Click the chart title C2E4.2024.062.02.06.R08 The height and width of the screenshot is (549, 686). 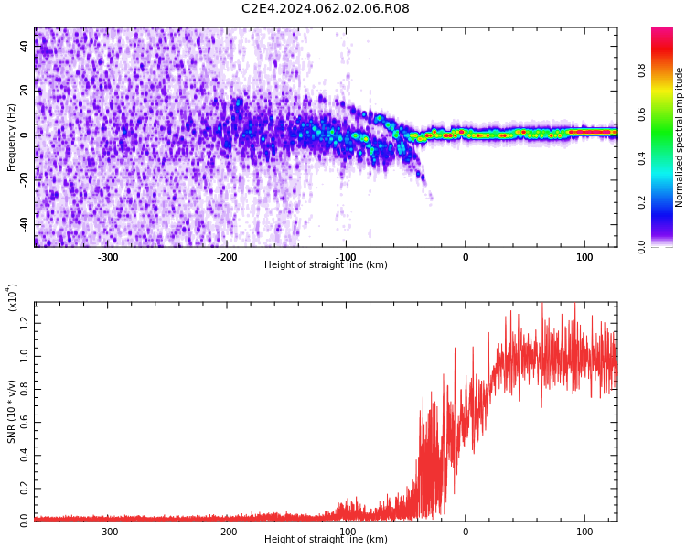point(325,8)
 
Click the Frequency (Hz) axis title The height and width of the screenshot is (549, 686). point(11,137)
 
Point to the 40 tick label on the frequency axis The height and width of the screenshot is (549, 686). point(25,46)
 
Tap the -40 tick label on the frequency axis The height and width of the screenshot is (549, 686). point(25,225)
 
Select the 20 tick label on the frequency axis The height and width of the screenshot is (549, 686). point(25,91)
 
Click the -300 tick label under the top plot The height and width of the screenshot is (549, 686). point(108,257)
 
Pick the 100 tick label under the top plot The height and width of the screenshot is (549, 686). point(584,257)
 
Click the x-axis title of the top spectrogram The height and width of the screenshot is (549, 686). point(326,264)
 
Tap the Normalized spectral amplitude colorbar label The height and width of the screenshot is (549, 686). point(679,137)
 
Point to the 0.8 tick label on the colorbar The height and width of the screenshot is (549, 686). point(641,70)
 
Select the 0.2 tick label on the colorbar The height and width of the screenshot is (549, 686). point(641,203)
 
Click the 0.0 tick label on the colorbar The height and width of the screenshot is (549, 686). point(641,247)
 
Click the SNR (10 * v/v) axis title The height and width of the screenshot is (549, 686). point(11,412)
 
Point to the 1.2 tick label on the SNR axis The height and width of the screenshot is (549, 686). point(25,324)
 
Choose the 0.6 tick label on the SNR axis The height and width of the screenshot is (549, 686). point(25,423)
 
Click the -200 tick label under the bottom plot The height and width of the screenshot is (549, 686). point(227,532)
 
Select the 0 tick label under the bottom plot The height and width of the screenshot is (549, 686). point(466,532)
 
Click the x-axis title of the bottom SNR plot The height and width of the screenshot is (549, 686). point(326,539)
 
